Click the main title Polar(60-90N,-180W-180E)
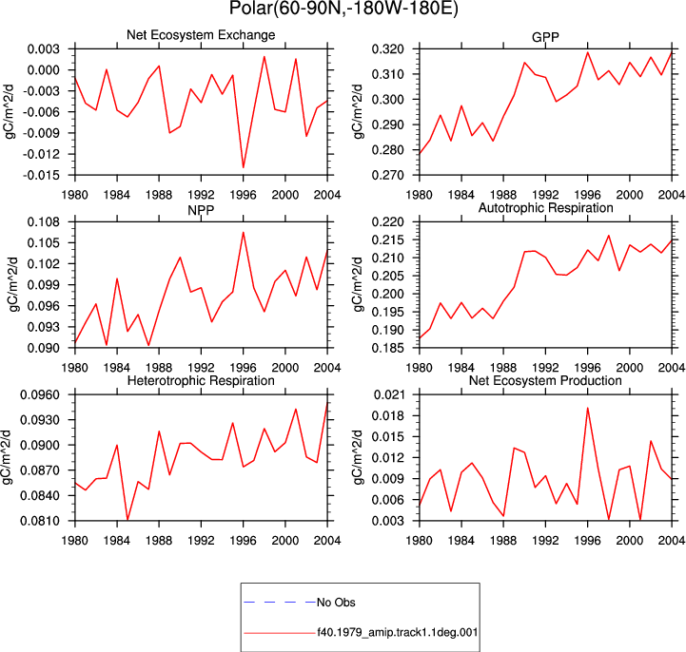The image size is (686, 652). [343, 9]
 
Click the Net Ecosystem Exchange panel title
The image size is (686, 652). [201, 35]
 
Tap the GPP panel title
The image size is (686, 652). [545, 37]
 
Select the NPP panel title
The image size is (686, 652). [201, 210]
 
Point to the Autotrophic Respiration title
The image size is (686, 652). [545, 207]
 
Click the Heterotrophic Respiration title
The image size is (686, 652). [201, 380]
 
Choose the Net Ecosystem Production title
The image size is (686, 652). [545, 380]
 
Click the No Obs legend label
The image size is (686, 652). [336, 603]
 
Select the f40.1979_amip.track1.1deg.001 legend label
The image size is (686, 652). [398, 632]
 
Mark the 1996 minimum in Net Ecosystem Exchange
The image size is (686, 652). [244, 167]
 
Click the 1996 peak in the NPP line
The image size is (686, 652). [244, 232]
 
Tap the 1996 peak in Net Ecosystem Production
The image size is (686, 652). [588, 408]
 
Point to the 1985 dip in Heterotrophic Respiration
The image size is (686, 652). [127, 520]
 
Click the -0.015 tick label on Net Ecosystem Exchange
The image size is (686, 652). [41, 175]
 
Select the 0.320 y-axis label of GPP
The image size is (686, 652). [386, 49]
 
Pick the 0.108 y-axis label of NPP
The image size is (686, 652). [44, 222]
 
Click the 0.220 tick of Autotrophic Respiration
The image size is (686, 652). [386, 222]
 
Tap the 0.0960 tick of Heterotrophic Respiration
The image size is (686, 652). [40, 395]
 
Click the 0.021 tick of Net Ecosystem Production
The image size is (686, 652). [386, 395]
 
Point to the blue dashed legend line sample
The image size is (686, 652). [280, 603]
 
